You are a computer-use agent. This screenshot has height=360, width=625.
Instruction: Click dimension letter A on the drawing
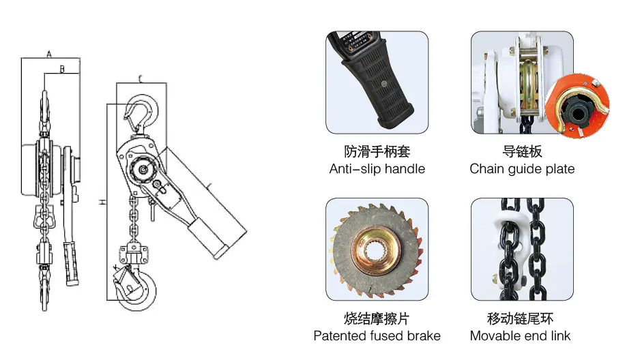[x=49, y=53]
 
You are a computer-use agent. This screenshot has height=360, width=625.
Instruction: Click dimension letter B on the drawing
[x=62, y=70]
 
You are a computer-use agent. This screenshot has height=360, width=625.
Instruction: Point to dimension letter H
[x=102, y=202]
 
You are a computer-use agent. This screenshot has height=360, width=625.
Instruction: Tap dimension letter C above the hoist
[x=141, y=79]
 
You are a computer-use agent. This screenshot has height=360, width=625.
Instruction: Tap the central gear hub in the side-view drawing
[x=143, y=169]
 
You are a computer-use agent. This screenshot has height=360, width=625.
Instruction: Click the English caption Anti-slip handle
[x=377, y=169]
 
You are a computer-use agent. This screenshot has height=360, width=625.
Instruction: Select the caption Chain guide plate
[x=522, y=169]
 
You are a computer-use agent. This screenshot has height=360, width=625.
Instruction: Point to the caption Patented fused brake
[x=377, y=335]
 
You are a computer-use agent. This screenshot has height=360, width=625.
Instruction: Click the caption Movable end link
[x=520, y=335]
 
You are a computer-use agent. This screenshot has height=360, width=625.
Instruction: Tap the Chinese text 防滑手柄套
[x=377, y=151]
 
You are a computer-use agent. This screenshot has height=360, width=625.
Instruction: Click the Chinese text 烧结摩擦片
[x=377, y=318]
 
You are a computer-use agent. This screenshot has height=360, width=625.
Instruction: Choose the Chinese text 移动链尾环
[x=520, y=318]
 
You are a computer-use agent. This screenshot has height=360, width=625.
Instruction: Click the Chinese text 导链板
[x=522, y=151]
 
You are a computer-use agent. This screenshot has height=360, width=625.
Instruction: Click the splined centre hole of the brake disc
[x=375, y=251]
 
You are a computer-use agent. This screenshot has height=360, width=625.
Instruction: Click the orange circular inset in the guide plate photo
[x=577, y=106]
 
